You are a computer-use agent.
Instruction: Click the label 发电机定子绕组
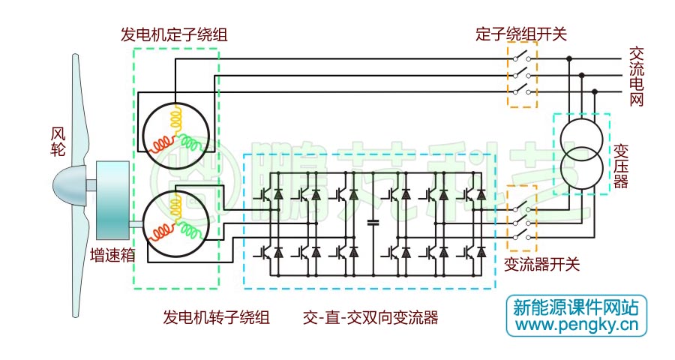pyautogui.click(x=174, y=34)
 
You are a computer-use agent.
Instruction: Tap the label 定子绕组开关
pyautogui.click(x=520, y=34)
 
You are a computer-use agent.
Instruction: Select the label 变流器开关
pyautogui.click(x=541, y=265)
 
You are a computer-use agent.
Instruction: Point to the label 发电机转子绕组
pyautogui.click(x=216, y=317)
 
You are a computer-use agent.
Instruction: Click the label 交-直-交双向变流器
pyautogui.click(x=370, y=317)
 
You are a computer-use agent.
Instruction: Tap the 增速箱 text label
pyautogui.click(x=112, y=254)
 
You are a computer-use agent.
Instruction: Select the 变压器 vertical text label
pyautogui.click(x=620, y=166)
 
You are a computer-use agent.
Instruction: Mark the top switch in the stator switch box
pyautogui.click(x=523, y=58)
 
